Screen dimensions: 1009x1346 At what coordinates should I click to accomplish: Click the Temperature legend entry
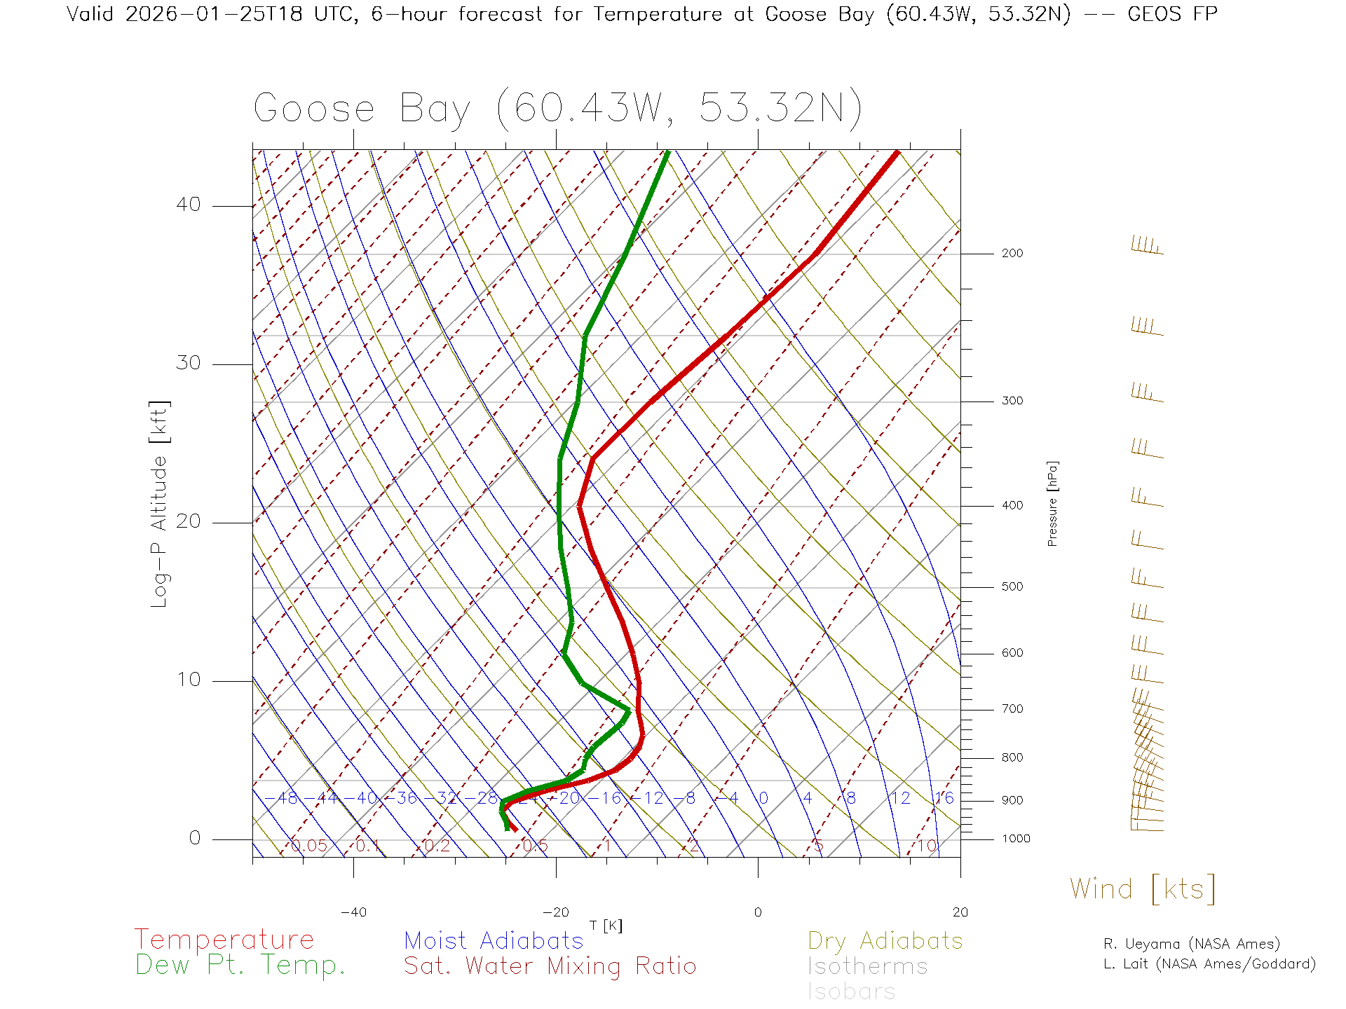[224, 939]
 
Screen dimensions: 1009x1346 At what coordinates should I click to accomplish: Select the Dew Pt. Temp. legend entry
[240, 966]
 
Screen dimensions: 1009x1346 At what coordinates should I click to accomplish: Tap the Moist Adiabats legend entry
[494, 940]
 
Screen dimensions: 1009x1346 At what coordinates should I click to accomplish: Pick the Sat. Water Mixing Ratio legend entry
[550, 966]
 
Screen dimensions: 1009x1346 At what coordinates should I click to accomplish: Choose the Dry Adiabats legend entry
[885, 940]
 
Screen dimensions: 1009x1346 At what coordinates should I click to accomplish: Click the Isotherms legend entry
[867, 966]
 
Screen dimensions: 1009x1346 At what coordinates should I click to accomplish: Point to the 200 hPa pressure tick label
[1012, 253]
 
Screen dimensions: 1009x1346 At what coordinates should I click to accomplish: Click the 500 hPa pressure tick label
[1012, 586]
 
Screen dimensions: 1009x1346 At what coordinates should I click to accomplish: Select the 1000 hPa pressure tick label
[1016, 839]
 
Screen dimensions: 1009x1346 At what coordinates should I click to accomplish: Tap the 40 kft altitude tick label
[188, 205]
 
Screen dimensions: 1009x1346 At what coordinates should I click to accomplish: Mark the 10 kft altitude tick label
[188, 679]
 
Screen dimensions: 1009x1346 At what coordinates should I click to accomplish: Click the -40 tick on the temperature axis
[353, 912]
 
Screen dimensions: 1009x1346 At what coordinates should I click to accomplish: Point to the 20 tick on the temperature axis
[960, 912]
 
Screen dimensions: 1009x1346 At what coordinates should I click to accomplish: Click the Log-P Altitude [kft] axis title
[159, 504]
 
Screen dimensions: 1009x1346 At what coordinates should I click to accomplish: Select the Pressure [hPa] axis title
[1052, 503]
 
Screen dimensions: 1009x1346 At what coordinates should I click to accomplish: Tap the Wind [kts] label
[1142, 889]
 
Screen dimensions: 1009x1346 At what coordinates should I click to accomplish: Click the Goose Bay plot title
[557, 109]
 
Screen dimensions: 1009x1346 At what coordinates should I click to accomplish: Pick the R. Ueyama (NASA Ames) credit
[1191, 944]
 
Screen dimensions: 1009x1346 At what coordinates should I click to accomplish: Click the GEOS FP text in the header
[1172, 14]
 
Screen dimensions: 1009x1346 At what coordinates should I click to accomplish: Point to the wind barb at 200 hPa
[1147, 246]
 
